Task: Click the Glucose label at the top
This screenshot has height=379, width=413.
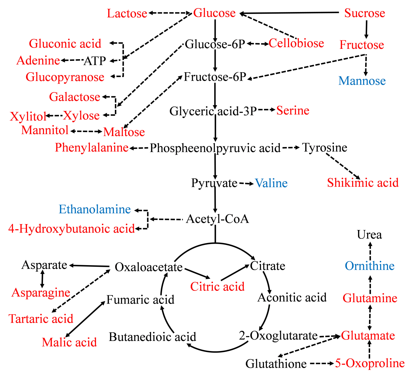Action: coord(214,13)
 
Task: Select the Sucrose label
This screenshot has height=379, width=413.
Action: coord(365,13)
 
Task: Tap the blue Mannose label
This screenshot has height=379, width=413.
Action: coord(362,81)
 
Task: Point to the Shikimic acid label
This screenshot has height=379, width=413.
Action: coord(363,183)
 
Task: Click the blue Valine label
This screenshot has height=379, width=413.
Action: coord(271,183)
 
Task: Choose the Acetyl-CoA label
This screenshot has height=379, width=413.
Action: coord(217,219)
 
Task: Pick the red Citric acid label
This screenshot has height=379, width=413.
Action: coord(217,287)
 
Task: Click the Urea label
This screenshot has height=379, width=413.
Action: coord(369,235)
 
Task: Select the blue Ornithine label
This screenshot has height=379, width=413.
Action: coord(369,266)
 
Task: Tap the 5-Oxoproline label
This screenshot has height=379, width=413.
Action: coord(370,363)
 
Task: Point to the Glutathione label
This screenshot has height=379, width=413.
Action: coord(276,364)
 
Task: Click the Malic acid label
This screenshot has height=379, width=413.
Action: coord(69,342)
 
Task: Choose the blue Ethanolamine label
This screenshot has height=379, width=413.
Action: coord(95,209)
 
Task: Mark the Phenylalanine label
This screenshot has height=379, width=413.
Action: coord(91,148)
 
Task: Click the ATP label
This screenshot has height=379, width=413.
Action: coord(95,61)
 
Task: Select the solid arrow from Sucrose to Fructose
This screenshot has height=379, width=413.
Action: coord(366,29)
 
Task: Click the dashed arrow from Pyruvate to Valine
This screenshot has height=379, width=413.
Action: coord(246,184)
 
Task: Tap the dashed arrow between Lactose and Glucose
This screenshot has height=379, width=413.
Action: coord(170,13)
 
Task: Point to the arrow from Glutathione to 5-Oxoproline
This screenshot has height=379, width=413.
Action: coord(321,363)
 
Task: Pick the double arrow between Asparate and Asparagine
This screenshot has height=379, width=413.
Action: coord(42,279)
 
